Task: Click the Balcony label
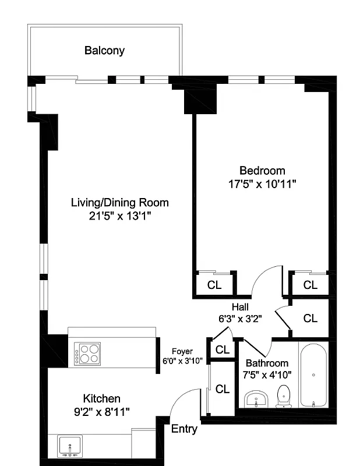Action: [104, 51]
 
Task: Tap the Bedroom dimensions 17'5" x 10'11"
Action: [262, 184]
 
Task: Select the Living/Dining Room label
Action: [119, 203]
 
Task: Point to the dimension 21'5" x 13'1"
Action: [120, 217]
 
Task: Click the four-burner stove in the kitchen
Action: [87, 353]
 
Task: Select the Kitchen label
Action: [102, 398]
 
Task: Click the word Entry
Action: [184, 429]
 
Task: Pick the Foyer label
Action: [182, 351]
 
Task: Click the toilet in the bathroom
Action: [284, 396]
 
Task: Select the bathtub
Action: [313, 376]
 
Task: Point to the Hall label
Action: [240, 307]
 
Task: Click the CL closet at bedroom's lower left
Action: [214, 285]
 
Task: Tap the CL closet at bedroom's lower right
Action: [310, 285]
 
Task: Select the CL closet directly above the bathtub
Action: [310, 318]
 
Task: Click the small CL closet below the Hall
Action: [222, 349]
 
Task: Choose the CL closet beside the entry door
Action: [222, 389]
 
